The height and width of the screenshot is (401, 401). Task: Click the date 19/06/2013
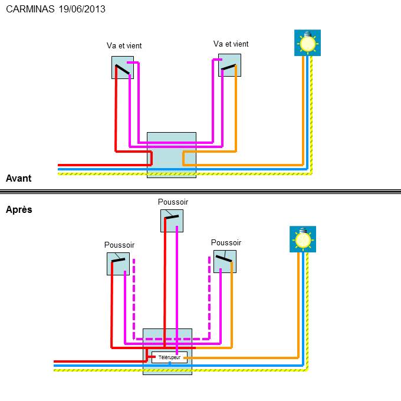[83, 10]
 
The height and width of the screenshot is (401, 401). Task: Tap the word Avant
[18, 178]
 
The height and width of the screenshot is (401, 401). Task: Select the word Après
[19, 209]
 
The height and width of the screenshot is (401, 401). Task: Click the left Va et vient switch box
[123, 68]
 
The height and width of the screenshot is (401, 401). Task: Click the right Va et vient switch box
[229, 65]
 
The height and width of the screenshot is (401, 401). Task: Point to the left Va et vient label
[124, 45]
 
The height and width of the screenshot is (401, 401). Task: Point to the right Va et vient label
[231, 44]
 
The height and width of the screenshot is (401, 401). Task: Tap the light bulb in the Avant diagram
[307, 43]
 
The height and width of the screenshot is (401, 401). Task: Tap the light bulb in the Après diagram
[303, 239]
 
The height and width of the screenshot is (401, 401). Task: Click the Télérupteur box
[169, 357]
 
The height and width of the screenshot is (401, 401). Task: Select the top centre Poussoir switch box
[172, 221]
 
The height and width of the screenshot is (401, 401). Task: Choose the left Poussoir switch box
[118, 264]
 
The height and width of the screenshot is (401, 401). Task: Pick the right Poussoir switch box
[225, 261]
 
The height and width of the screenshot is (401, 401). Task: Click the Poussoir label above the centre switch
[173, 202]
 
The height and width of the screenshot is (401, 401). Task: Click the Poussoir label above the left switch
[119, 245]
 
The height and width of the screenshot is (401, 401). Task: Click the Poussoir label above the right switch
[226, 242]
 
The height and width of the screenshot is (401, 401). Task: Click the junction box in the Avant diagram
[171, 155]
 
